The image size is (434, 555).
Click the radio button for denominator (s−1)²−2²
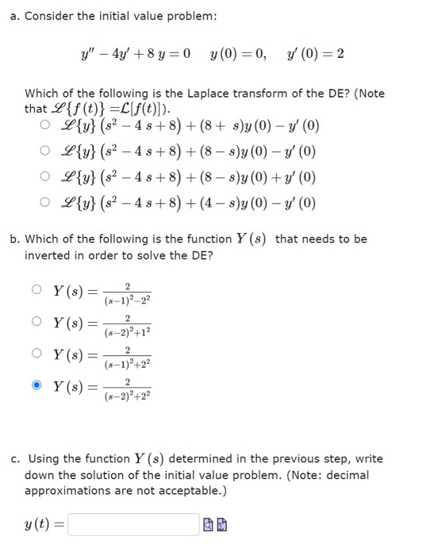(37, 289)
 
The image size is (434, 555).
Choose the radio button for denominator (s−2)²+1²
(37, 323)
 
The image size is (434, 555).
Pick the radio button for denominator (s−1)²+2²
(37, 354)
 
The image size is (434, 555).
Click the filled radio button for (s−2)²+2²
(37, 386)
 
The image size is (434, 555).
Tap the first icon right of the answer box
(208, 525)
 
